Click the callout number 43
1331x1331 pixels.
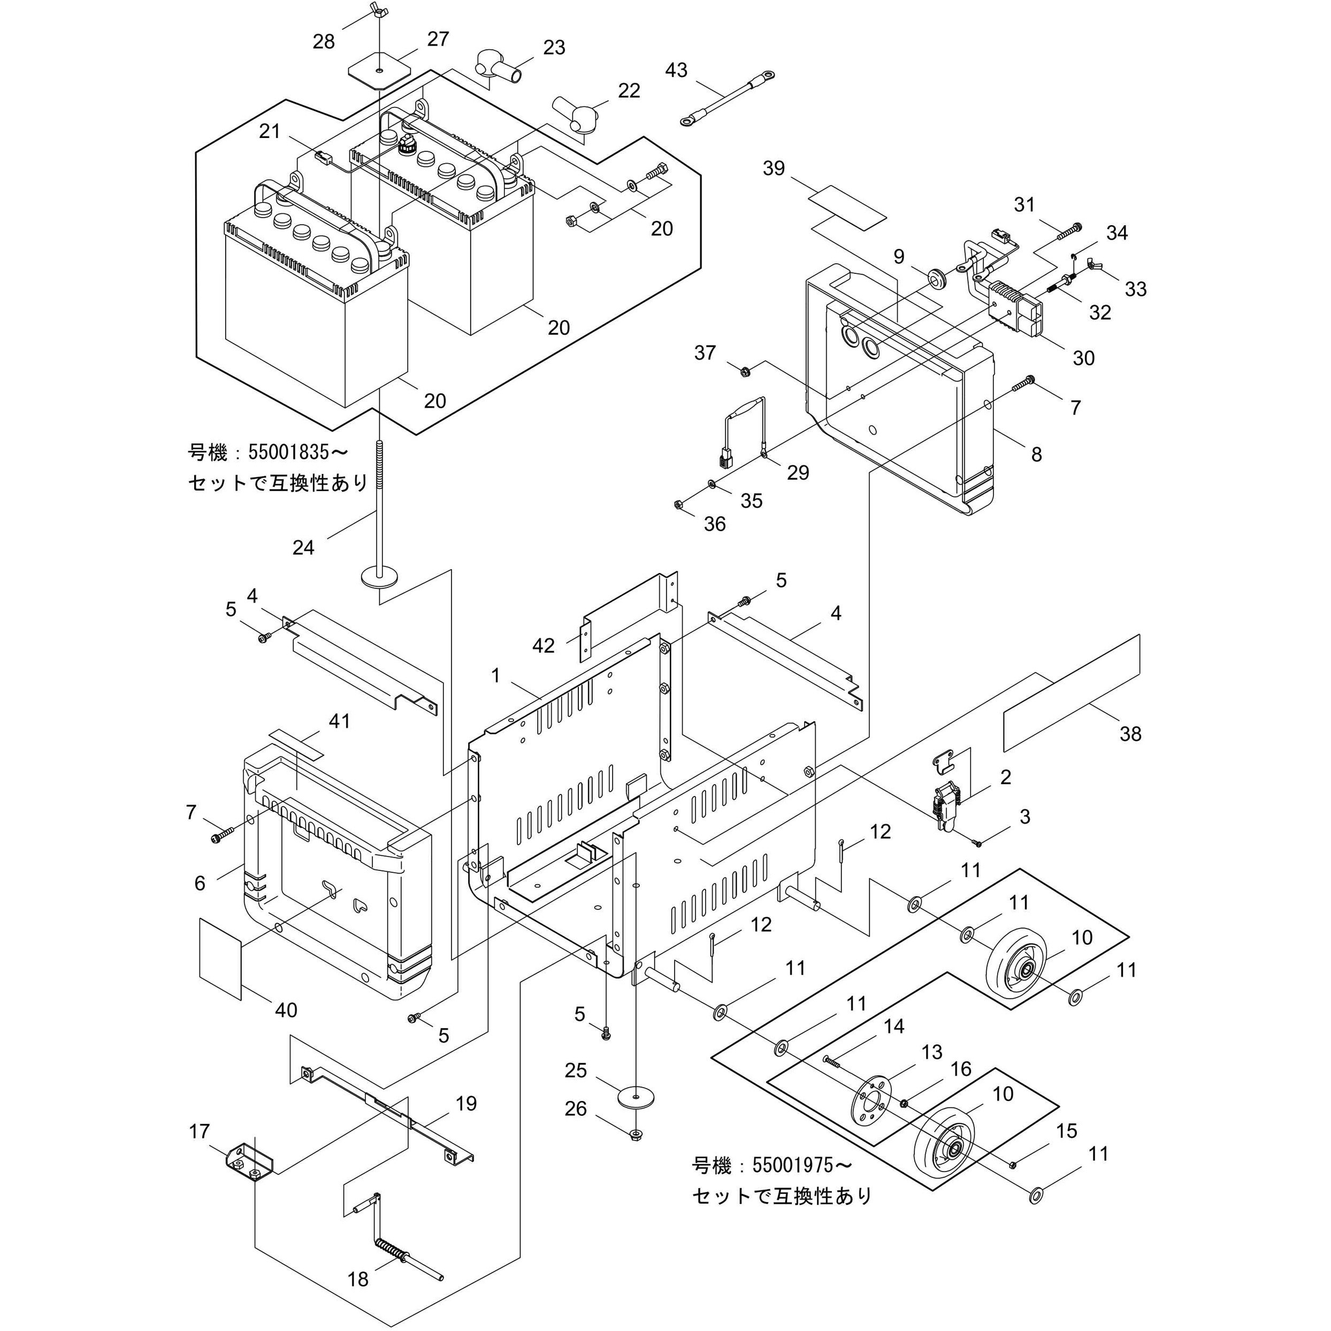click(676, 70)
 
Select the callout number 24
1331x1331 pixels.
click(303, 548)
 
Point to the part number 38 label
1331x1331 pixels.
click(1130, 733)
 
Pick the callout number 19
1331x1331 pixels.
click(466, 1103)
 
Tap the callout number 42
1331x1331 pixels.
click(544, 646)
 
